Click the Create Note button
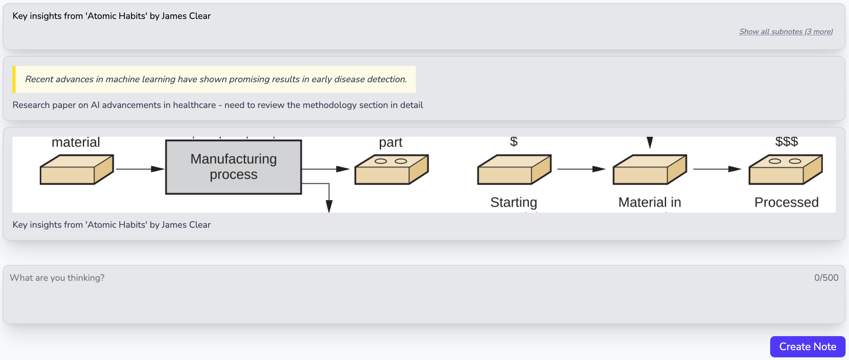pyautogui.click(x=807, y=346)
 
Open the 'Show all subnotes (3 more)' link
pyautogui.click(x=786, y=31)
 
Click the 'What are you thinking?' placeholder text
pyautogui.click(x=57, y=278)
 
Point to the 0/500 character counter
pyautogui.click(x=826, y=278)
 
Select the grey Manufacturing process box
pyautogui.click(x=233, y=167)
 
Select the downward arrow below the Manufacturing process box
pyautogui.click(x=329, y=203)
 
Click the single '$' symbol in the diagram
pyautogui.click(x=514, y=142)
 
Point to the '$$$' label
pyautogui.click(x=786, y=142)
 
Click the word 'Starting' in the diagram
pyautogui.click(x=514, y=202)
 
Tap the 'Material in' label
pyautogui.click(x=650, y=202)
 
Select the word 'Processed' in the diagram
pyautogui.click(x=786, y=202)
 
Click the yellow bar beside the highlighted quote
pyautogui.click(x=14, y=79)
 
